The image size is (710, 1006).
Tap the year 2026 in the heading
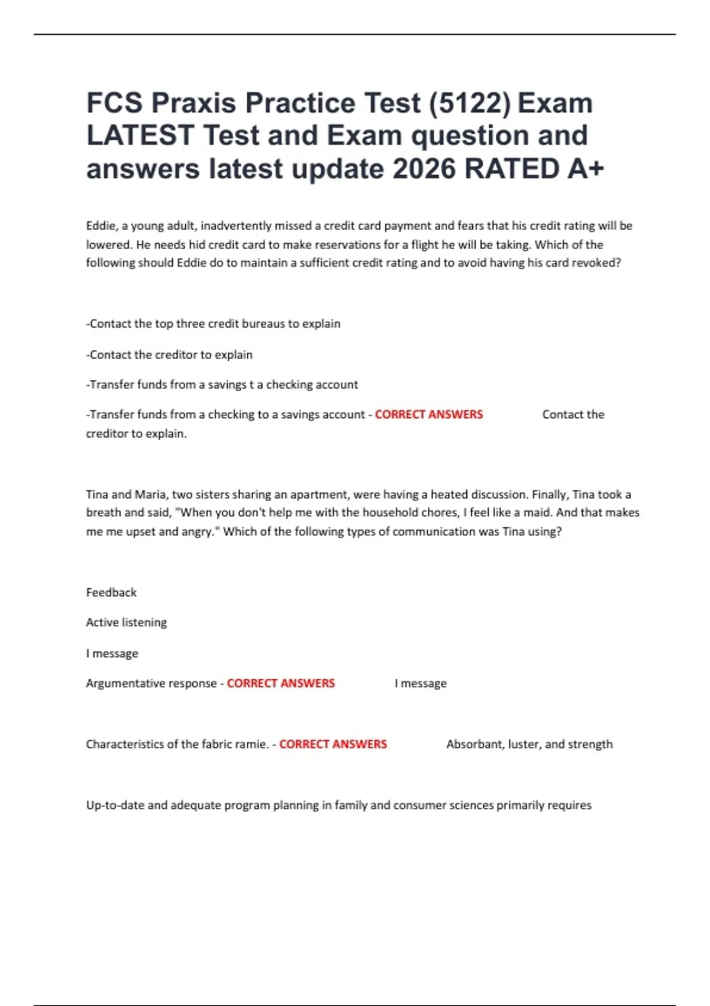tap(424, 169)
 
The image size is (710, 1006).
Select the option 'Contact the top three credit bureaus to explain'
tap(214, 324)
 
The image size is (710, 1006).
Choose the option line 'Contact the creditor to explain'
tap(170, 354)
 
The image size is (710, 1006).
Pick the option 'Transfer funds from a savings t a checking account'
tap(222, 385)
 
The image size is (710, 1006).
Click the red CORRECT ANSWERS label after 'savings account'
tap(428, 415)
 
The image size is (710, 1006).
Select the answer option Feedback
tap(111, 592)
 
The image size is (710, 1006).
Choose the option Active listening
tap(127, 623)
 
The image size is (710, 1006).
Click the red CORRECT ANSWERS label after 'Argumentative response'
tap(280, 683)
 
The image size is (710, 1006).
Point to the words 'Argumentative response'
tap(151, 683)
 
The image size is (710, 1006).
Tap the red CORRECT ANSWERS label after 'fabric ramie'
tap(333, 744)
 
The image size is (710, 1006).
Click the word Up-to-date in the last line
tap(115, 805)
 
